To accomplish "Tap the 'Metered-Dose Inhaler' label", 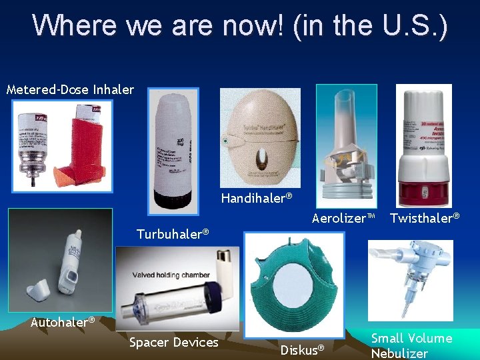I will [70, 89].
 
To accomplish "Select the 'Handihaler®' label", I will [257, 199].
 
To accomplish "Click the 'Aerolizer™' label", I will [344, 218].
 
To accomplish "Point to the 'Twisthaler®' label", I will [425, 218].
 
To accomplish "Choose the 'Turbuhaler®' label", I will [173, 234].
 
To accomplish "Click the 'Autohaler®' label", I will [63, 322].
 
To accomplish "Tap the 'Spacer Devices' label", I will [173, 343].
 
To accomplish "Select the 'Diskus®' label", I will [302, 349].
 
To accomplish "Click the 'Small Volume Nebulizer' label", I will [411, 346].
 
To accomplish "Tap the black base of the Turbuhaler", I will [173, 200].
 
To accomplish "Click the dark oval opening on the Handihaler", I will [261, 162].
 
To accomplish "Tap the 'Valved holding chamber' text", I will [171, 275].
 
